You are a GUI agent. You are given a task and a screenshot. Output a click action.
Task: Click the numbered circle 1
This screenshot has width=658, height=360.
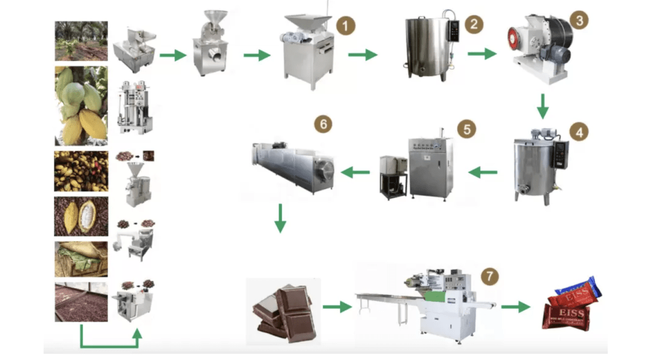point(345,26)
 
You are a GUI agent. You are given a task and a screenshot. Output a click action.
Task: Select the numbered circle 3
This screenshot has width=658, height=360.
point(579,20)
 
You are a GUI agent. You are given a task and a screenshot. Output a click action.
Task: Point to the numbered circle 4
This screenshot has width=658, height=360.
point(579,132)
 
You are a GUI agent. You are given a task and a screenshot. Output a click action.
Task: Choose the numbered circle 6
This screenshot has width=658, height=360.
point(323,124)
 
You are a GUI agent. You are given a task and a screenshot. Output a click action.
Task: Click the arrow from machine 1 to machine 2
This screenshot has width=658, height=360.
point(363,56)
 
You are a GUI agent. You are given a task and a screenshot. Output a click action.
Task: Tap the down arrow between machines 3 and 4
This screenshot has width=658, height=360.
point(543,106)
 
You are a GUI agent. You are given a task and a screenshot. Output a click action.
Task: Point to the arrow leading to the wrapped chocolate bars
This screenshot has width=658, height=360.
point(515,307)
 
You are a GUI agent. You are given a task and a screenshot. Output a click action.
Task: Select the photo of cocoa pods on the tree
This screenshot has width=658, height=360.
point(81,106)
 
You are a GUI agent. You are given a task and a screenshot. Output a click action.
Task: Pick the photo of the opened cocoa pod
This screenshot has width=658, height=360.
point(81,217)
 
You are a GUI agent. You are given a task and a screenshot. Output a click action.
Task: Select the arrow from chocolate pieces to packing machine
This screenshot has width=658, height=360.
point(336,307)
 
